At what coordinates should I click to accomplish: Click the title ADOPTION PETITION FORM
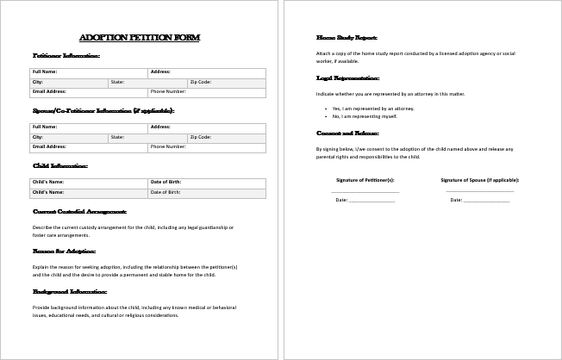139,38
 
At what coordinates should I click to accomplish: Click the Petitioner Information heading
66,56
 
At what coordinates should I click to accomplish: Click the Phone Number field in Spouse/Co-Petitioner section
207,147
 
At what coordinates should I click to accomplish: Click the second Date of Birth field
207,193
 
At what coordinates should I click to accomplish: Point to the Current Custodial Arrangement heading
79,211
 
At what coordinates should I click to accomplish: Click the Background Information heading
70,291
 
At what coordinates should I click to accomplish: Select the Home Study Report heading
347,38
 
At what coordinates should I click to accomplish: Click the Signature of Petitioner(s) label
365,180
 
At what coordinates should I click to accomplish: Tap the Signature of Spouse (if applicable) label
479,180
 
